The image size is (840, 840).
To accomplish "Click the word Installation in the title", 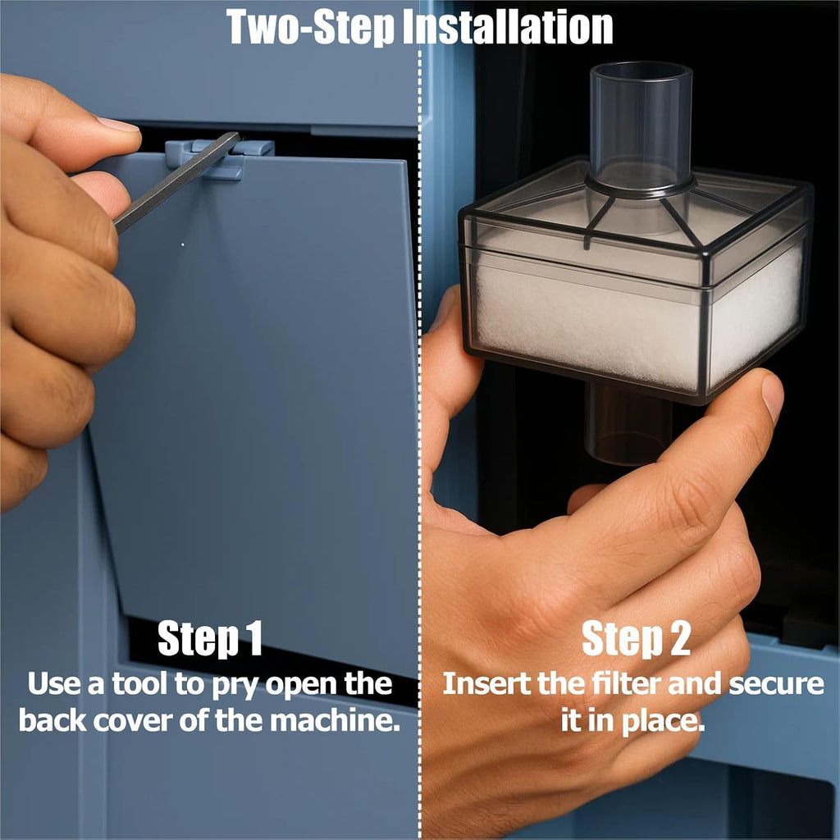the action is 507,27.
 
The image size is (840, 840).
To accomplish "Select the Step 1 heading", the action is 209,638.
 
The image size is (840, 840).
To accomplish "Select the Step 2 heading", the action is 636,638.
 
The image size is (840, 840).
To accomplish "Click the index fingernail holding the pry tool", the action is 118,125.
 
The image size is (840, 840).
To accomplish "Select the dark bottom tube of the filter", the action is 628,423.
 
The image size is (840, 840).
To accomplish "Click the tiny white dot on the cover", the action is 183,244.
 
